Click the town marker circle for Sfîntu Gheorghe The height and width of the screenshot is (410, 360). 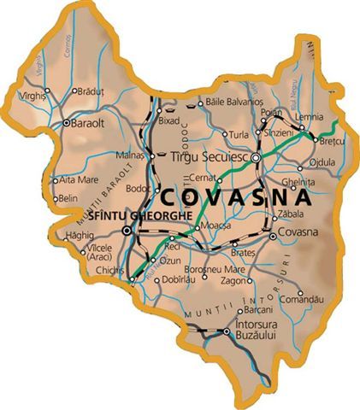point(127,231)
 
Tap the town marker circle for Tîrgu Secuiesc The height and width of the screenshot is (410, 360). point(255,158)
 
